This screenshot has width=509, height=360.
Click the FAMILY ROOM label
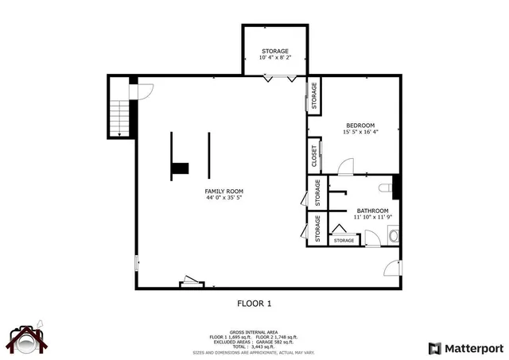pos(223,192)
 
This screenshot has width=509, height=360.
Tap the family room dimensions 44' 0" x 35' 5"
pos(223,199)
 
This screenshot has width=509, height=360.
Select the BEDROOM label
pos(360,125)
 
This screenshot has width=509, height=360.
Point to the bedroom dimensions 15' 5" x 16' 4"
pos(360,132)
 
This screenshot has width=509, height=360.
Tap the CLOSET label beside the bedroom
pos(314,155)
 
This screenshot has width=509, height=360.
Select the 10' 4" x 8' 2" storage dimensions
pos(275,58)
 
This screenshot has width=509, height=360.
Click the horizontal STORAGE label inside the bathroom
pos(344,240)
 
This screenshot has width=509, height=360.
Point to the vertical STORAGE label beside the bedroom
pos(314,95)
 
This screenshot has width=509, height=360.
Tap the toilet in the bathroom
pos(386,188)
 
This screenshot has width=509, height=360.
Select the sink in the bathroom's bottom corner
pos(392,234)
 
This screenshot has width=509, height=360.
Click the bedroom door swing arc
pos(346,167)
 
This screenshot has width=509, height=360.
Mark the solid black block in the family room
pos(181,168)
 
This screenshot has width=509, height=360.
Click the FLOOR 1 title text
pos(254,303)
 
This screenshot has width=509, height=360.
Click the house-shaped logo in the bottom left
pos(29,340)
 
